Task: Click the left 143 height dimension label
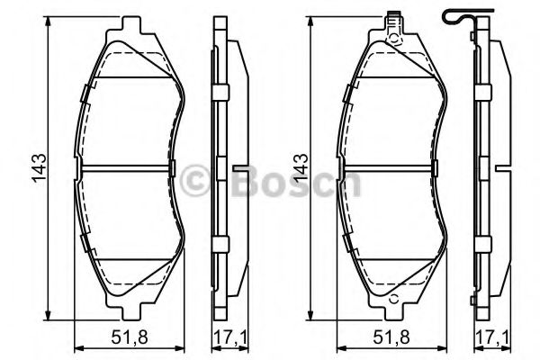point(39,167)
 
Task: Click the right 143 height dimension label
point(301,167)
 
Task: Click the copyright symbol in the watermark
point(194,180)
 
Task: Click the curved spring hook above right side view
point(458,16)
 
